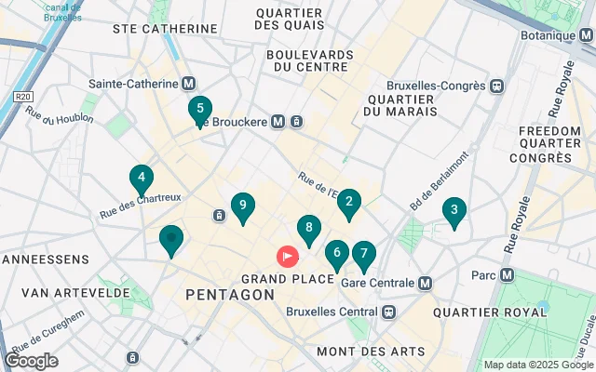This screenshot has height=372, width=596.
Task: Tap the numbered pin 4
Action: (141, 177)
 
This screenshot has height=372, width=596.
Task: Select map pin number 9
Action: (242, 206)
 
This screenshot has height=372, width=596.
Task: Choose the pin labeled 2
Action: (348, 202)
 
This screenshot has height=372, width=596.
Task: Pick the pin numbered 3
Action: (454, 210)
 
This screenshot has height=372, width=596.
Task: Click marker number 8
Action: (308, 228)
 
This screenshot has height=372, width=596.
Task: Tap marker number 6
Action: (337, 252)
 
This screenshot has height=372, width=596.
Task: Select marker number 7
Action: (363, 253)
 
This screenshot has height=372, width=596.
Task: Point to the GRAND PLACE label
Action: (288, 279)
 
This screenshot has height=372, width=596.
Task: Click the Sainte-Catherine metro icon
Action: (189, 84)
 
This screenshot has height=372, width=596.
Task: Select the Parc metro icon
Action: (508, 275)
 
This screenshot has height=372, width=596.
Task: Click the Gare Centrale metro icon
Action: (426, 283)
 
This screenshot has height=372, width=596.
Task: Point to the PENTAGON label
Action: (230, 295)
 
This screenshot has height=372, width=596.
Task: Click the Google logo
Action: (31, 361)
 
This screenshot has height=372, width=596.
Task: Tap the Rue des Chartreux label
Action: (140, 205)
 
